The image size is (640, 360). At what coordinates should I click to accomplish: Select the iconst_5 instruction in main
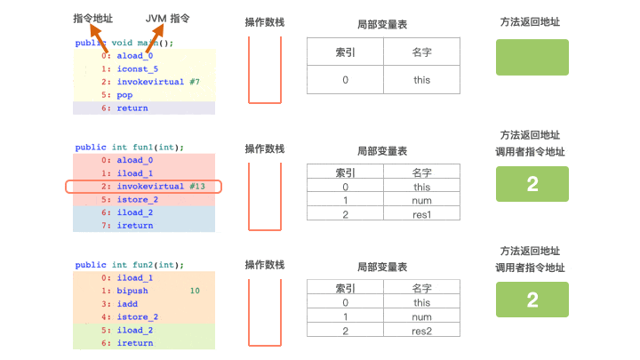[137, 68]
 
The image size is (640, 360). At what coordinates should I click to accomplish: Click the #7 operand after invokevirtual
[195, 82]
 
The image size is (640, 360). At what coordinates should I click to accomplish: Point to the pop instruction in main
[124, 94]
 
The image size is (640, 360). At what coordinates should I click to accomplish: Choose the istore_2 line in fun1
[137, 200]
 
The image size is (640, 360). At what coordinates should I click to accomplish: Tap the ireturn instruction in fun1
[134, 226]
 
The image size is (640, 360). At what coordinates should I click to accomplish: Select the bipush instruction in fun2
[132, 291]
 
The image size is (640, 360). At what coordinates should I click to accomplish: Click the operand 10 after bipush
[195, 291]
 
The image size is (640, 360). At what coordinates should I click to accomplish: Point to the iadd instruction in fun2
[127, 303]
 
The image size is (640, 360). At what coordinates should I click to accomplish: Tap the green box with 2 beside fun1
[532, 184]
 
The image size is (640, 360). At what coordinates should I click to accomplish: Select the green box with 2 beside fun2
[532, 300]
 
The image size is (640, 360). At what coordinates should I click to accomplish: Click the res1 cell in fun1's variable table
[421, 213]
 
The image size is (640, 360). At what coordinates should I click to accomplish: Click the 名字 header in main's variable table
[421, 52]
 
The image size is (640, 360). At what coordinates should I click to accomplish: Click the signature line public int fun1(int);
[129, 148]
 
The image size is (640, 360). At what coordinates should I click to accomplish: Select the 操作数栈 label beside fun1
[265, 148]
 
